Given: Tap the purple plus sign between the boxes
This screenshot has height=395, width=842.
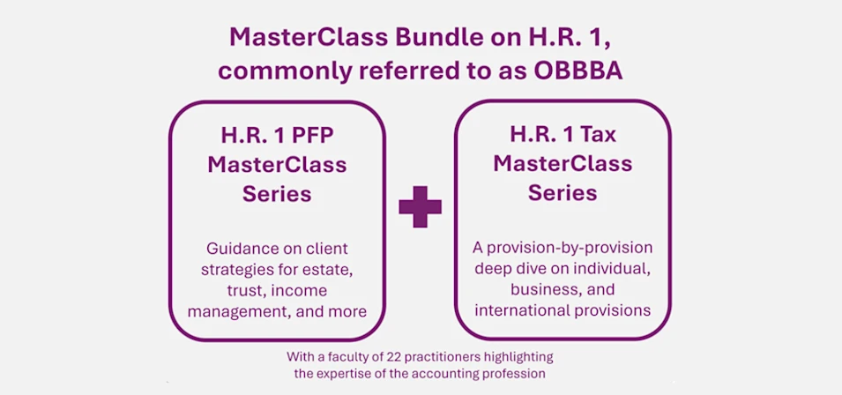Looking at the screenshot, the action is (x=420, y=206).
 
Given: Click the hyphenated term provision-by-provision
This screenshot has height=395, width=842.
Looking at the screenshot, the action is (x=563, y=248).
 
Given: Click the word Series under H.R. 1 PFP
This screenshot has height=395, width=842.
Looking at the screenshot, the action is (x=277, y=194).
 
